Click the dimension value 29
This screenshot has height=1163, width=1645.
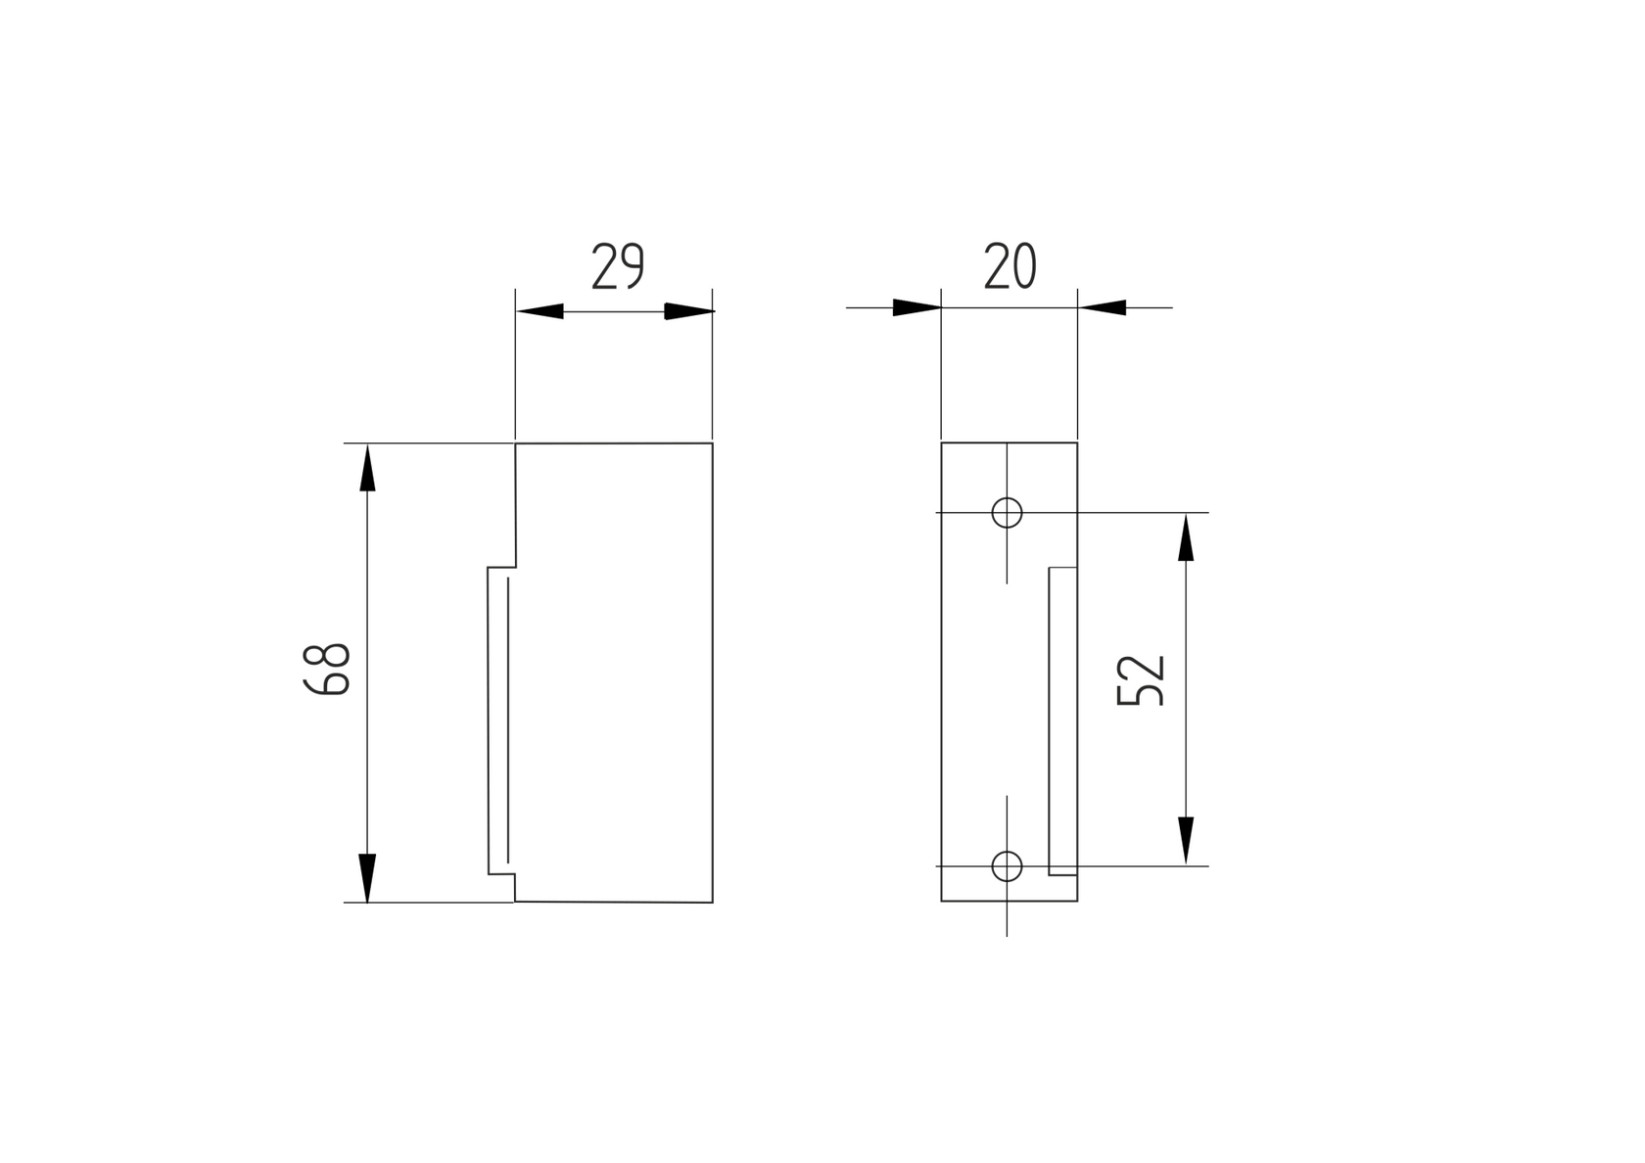click(618, 266)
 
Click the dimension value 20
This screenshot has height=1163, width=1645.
click(1010, 266)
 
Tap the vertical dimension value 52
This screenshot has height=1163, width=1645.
click(1141, 679)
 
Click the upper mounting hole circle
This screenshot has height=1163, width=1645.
click(1007, 512)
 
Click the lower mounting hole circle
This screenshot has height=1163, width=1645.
click(1007, 865)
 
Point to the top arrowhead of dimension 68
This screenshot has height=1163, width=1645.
click(367, 467)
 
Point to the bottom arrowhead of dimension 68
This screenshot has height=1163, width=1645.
click(367, 877)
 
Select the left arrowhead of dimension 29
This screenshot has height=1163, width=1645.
click(540, 311)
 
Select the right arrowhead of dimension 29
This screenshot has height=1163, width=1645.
click(688, 311)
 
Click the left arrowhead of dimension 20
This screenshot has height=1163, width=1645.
click(916, 307)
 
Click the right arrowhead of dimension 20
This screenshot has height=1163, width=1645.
click(1103, 307)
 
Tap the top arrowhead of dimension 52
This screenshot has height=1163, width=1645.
click(1186, 536)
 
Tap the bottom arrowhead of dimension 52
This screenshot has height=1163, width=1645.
click(1186, 841)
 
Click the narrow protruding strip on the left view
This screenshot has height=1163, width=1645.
click(498, 720)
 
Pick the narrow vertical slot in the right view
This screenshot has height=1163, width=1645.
click(1062, 720)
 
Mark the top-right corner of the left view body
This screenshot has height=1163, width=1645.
click(712, 443)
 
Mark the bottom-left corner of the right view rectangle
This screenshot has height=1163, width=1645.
click(942, 900)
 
